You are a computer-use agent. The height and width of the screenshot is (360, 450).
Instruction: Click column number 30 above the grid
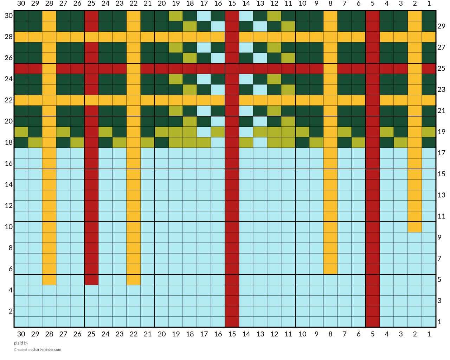point(21,4)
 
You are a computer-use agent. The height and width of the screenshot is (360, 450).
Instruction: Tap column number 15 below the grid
point(232,334)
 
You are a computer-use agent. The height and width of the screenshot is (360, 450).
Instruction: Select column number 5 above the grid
point(372,4)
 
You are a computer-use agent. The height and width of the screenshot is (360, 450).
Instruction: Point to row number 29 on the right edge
point(441,26)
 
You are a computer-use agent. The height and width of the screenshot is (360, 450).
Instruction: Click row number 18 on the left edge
point(8,142)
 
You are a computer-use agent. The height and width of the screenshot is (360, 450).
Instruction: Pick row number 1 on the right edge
point(439,322)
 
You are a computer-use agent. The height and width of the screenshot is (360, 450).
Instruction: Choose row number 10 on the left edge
point(8,227)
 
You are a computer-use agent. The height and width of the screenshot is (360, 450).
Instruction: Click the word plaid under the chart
point(18,343)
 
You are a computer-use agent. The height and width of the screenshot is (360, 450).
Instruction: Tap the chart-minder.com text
point(47,349)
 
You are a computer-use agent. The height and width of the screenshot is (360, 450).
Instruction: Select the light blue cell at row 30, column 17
point(204,16)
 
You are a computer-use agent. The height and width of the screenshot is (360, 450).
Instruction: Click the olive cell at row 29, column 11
point(288,26)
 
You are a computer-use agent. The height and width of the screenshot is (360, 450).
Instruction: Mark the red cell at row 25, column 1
point(429,68)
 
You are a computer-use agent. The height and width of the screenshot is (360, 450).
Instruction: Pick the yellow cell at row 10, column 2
point(414,227)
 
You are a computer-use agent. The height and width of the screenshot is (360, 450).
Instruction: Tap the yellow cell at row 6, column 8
point(330,269)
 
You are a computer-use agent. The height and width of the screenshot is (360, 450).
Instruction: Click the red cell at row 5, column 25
point(91,280)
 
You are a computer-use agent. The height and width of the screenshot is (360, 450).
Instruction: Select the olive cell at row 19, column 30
point(21,132)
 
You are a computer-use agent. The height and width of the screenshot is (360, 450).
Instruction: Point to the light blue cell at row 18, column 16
point(218,142)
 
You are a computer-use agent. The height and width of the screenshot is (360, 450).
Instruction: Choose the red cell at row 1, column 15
point(232,322)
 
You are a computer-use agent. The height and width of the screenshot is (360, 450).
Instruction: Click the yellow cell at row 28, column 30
point(21,37)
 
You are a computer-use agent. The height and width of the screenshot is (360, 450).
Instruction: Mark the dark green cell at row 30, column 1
point(429,16)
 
